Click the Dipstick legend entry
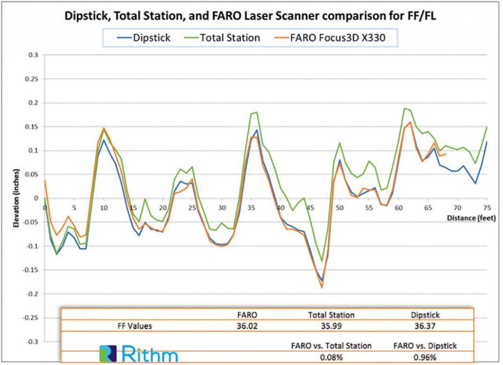pyautogui.click(x=142, y=38)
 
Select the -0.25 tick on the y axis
pyautogui.click(x=30, y=317)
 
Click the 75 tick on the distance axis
pyautogui.click(x=487, y=207)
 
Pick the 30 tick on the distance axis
pyautogui.click(x=222, y=207)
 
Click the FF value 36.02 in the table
pyautogui.click(x=247, y=325)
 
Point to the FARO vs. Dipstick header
pyautogui.click(x=425, y=345)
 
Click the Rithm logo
pyautogui.click(x=139, y=354)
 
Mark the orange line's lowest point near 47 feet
pyautogui.click(x=322, y=287)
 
